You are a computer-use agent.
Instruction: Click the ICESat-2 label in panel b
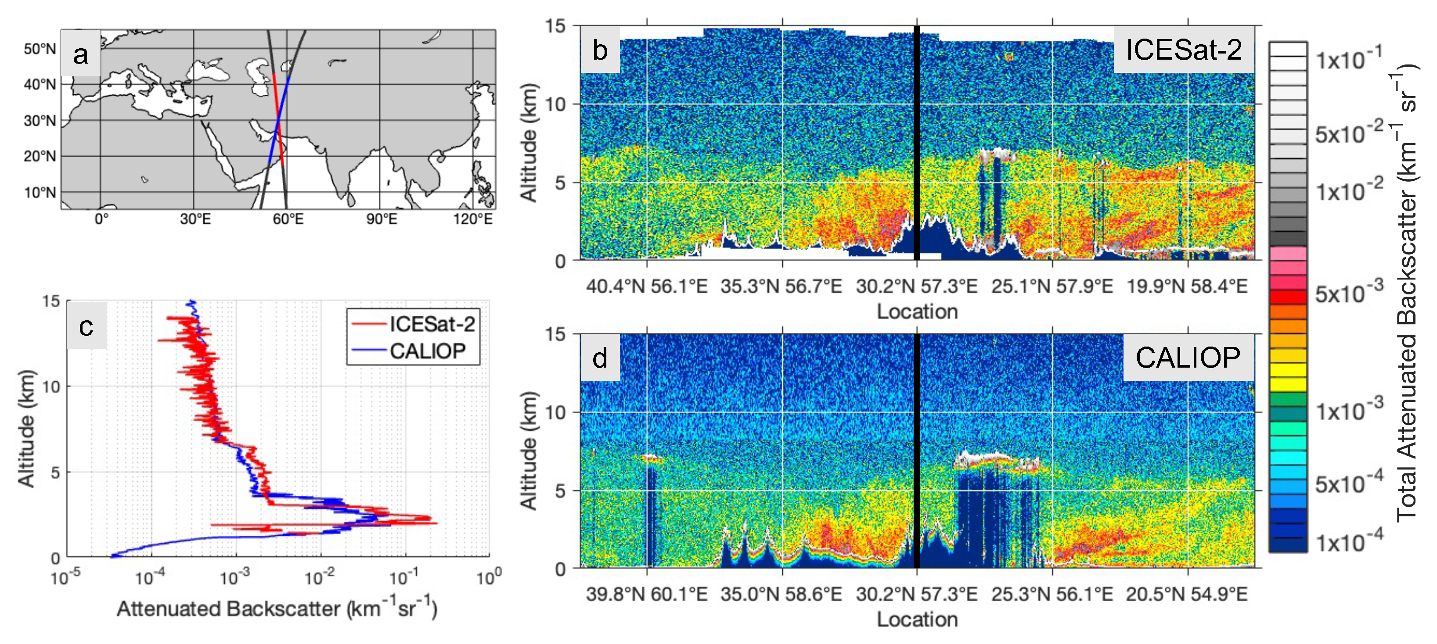(1183, 50)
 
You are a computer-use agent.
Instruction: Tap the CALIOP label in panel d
(1188, 358)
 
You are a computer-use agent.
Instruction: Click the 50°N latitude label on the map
(40, 49)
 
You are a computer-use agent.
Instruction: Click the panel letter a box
(81, 54)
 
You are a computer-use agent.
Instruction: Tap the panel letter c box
(86, 327)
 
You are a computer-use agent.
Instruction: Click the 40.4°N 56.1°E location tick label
(647, 286)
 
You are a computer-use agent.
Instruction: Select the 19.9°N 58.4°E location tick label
(1187, 286)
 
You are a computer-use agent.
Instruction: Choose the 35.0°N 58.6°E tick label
(781, 594)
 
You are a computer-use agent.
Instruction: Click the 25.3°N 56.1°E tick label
(1052, 594)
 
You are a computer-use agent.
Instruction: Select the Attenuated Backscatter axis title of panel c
(277, 609)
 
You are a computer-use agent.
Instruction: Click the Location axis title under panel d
(917, 619)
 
